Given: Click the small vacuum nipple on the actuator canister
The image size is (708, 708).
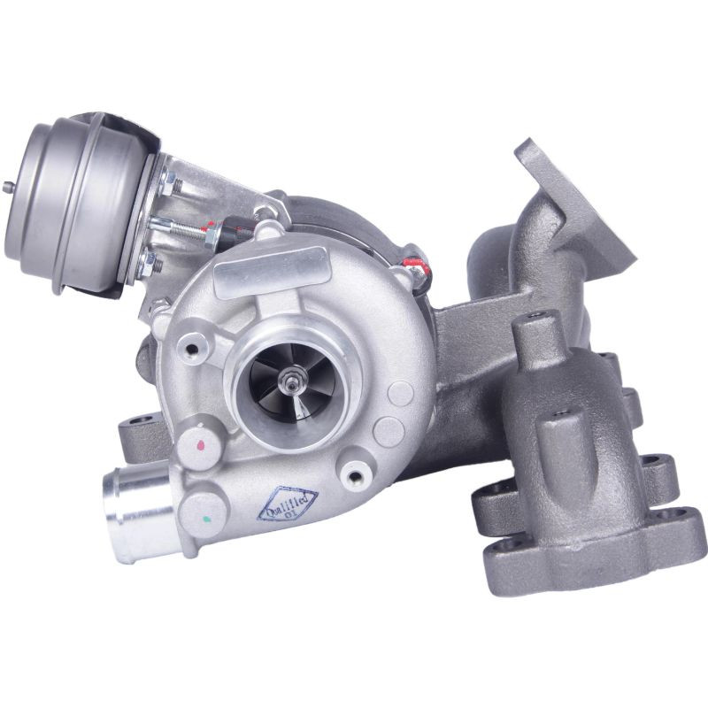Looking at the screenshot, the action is (8, 186).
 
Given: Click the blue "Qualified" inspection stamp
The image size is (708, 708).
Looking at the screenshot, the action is (288, 503).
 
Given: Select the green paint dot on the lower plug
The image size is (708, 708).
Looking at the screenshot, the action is (206, 519).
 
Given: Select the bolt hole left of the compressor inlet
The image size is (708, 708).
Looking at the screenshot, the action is (192, 349).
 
